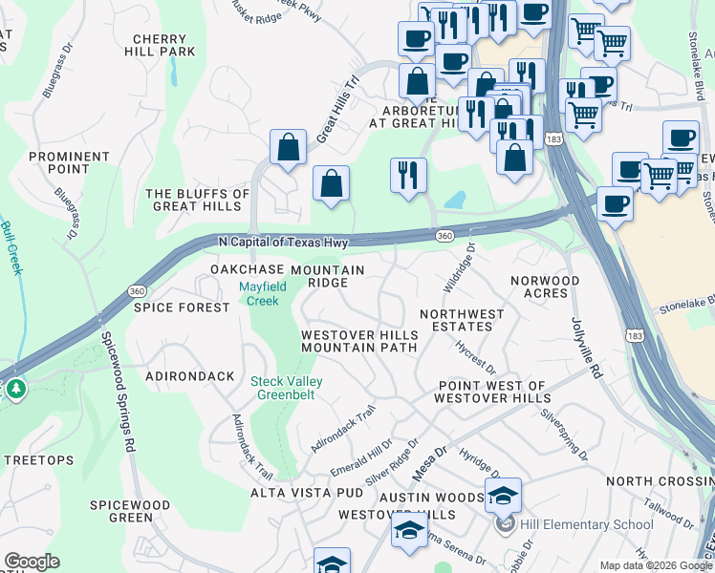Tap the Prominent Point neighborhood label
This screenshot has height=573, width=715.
[69, 163]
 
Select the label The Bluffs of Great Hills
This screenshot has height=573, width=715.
[197, 200]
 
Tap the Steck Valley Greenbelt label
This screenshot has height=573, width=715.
[287, 390]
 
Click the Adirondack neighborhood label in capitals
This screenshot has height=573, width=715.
[189, 376]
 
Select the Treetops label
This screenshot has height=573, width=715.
[38, 460]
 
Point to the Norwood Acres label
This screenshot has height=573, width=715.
[545, 286]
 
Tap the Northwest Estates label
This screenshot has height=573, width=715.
[462, 320]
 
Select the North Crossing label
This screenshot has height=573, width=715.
[660, 481]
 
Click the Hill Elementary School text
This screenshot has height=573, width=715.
[586, 524]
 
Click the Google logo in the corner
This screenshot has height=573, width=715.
[32, 561]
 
